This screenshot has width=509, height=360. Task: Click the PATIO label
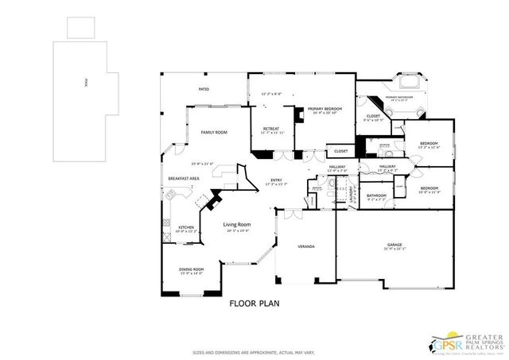[204, 90]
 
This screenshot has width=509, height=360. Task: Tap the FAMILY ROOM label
[213, 132]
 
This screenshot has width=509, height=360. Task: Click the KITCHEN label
[185, 227]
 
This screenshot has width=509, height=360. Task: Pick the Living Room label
[236, 225]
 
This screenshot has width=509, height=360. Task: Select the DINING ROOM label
[192, 269]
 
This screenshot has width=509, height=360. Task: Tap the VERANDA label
[305, 246]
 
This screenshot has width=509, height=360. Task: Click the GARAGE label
[394, 245]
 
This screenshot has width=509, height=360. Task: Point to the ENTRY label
[276, 180]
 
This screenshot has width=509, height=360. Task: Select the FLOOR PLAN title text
[254, 303]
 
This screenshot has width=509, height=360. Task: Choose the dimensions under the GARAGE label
[394, 250]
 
